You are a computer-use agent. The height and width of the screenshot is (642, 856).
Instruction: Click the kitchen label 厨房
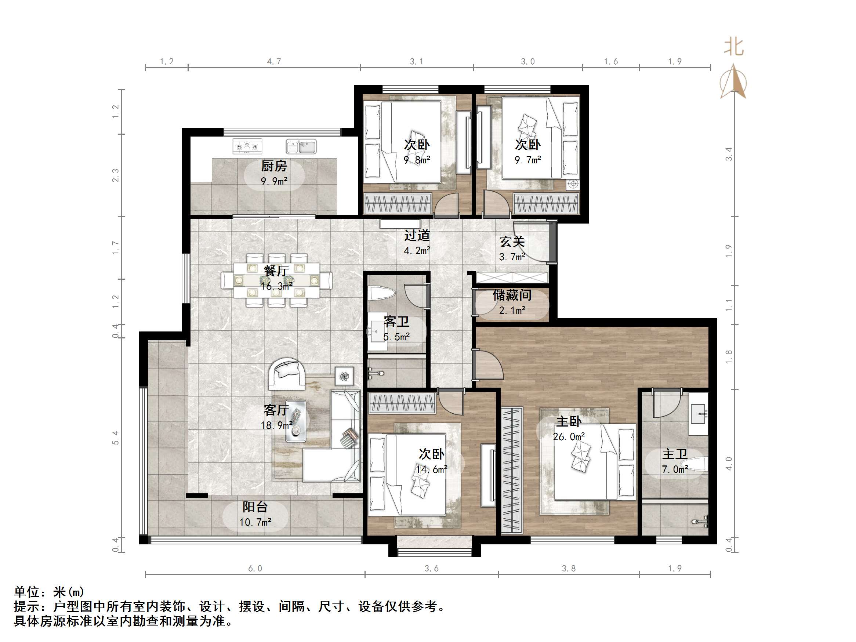273,166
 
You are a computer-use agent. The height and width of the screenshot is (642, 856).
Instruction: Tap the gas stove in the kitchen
247,146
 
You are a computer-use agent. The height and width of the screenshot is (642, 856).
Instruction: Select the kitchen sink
301,147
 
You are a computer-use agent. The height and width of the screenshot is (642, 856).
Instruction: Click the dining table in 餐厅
276,280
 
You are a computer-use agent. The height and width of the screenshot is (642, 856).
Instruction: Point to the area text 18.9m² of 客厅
276,425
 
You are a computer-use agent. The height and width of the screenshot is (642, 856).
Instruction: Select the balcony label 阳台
255,507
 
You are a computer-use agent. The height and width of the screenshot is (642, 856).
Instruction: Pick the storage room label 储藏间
512,295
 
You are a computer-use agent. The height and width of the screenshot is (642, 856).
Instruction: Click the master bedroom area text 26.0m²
569,437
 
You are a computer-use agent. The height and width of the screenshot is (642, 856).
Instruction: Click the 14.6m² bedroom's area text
431,469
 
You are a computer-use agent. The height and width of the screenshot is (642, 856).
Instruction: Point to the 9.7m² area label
527,160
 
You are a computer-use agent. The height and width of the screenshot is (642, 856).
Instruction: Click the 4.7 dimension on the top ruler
274,62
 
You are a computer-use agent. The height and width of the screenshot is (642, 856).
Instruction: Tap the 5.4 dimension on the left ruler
116,437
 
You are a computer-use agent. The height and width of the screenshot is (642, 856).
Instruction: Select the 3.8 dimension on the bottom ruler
569,569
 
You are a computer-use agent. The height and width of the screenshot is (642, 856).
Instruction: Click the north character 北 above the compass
734,47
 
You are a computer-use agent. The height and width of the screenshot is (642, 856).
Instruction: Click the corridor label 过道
417,235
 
